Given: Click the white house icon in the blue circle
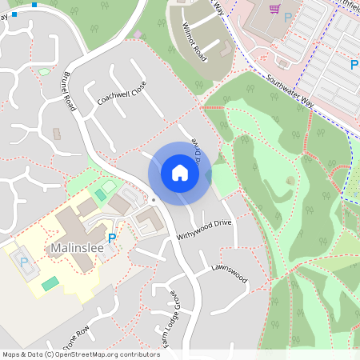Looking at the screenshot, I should [180, 172].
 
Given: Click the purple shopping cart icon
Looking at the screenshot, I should [274, 10].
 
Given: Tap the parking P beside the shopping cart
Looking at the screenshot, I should [287, 17].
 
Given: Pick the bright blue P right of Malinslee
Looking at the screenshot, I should [111, 238].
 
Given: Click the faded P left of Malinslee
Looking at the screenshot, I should [24, 262].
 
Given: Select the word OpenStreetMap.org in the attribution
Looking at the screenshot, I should [88, 354].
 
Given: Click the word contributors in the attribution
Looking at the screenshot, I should [138, 354].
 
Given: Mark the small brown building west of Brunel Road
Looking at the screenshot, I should [56, 134].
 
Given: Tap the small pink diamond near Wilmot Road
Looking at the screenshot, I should [138, 34].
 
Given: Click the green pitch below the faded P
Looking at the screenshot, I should [50, 283].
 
